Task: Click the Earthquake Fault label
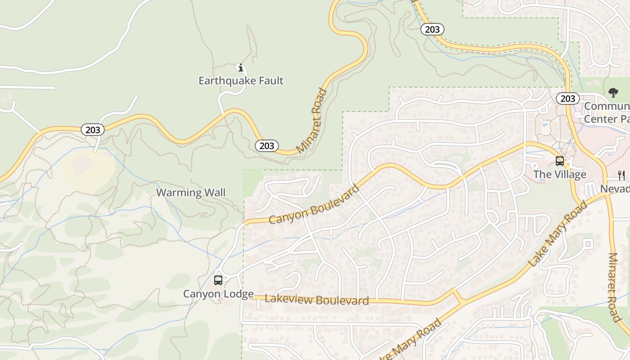(241, 81)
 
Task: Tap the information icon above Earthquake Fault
(241, 68)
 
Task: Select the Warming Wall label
(191, 193)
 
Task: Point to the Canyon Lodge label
(218, 294)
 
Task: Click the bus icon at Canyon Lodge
(218, 280)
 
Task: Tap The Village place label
(560, 175)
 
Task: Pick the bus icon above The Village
(560, 161)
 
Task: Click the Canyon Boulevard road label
(314, 204)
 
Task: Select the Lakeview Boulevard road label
(317, 300)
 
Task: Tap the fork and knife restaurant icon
(621, 175)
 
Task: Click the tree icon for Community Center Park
(613, 93)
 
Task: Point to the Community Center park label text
(607, 112)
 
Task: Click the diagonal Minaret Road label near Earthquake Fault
(312, 121)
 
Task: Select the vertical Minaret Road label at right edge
(614, 287)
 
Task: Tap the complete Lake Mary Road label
(558, 234)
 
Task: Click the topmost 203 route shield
(432, 29)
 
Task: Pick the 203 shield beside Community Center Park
(567, 99)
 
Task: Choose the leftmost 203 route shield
(93, 130)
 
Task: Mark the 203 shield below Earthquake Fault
(267, 146)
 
